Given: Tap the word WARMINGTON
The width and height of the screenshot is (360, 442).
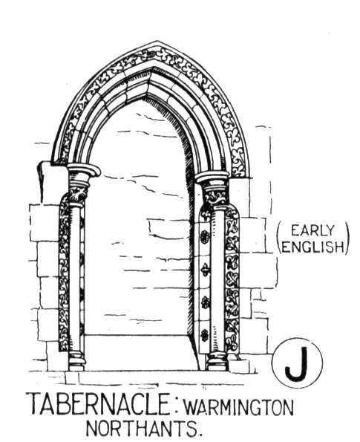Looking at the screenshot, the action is (238, 407).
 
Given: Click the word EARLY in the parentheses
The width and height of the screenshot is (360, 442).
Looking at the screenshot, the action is (312, 230).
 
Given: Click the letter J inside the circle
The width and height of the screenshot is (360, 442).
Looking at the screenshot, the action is (297, 364).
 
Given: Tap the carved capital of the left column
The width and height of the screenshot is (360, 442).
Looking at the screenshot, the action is (79, 195).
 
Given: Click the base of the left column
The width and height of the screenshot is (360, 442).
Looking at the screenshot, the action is (76, 361).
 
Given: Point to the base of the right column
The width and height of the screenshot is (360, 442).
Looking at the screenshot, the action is (217, 361).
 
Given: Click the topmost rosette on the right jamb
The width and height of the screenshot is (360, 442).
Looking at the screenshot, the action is (205, 236).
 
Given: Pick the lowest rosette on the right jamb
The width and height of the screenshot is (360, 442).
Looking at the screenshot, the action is (205, 335).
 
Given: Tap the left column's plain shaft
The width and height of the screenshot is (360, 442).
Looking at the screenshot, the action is (75, 279).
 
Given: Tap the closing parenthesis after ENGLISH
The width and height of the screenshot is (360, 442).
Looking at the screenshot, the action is (348, 238).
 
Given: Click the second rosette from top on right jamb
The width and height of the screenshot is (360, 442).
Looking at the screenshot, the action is (205, 270).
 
